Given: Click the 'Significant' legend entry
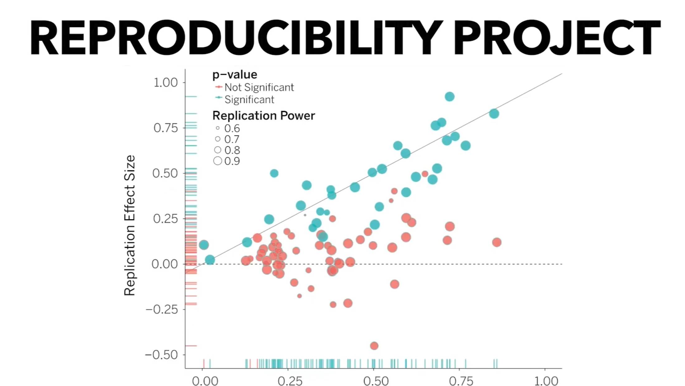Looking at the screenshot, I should tap(249, 99).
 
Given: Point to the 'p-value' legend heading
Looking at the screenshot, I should tap(235, 74).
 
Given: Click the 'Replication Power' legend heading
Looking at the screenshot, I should tap(263, 116).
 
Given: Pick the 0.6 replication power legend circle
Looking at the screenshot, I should tap(218, 128).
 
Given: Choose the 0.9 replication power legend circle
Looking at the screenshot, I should tap(218, 161).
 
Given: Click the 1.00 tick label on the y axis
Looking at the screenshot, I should tap(165, 83).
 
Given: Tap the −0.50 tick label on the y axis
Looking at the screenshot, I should tap(161, 355).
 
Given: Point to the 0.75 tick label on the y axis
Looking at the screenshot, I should tap(165, 128).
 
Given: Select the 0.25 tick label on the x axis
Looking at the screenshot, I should tap(290, 381).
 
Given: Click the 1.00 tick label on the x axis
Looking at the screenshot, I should tap(546, 381).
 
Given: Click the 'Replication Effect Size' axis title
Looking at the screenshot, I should tap(130, 225).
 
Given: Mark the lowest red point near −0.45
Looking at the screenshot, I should tap(374, 345).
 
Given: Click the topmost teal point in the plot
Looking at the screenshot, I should tap(449, 97).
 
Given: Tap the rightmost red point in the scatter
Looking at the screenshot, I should tap(497, 242).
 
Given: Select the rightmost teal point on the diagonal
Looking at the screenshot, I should tap(494, 114).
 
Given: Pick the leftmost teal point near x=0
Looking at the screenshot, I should tap(204, 245).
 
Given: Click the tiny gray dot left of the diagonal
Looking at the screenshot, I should tap(305, 215).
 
